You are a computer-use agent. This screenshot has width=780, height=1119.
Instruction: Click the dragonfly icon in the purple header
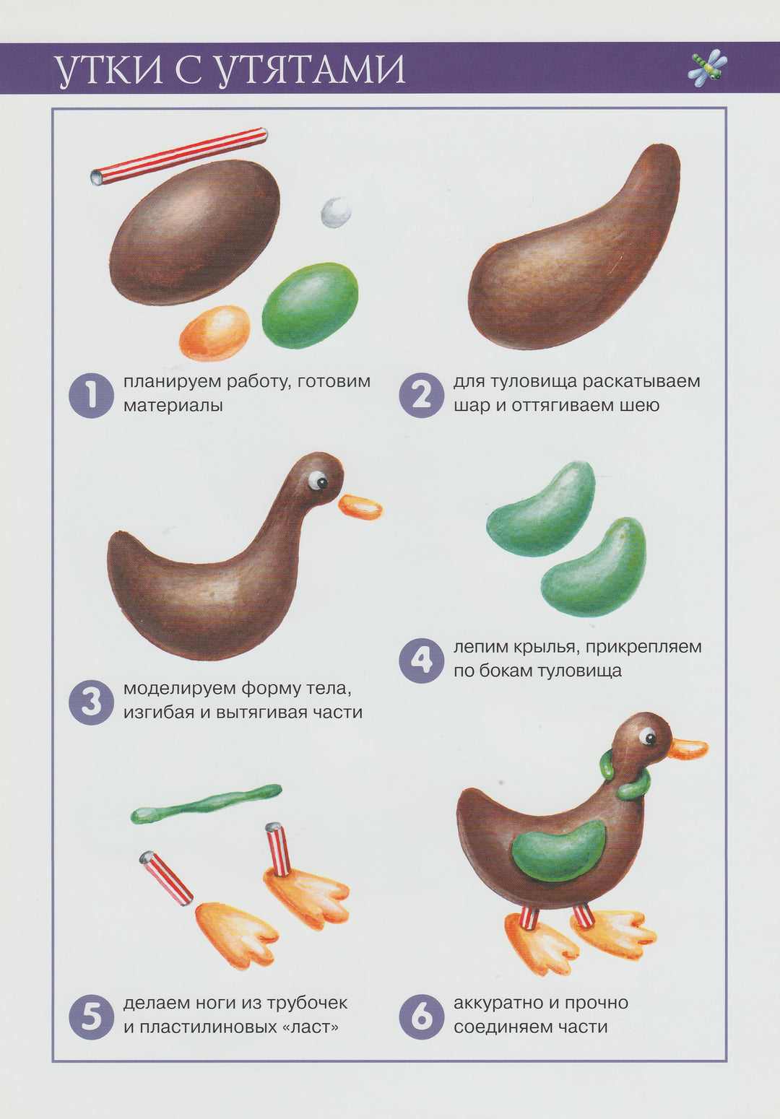pyautogui.click(x=708, y=68)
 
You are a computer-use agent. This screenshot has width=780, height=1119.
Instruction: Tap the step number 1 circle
pyautogui.click(x=90, y=395)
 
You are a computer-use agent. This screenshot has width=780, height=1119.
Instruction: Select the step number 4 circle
pyautogui.click(x=421, y=661)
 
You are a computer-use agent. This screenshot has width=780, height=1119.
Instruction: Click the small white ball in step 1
pyautogui.click(x=336, y=212)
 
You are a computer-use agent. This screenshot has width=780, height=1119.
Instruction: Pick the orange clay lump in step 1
pyautogui.click(x=215, y=334)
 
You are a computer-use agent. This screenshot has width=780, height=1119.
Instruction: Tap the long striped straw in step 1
pyautogui.click(x=179, y=157)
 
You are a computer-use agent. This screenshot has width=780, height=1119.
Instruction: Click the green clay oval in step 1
pyautogui.click(x=310, y=305)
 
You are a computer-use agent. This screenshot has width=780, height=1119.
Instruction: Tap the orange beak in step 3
pyautogui.click(x=360, y=507)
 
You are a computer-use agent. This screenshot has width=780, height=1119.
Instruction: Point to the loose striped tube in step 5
pyautogui.click(x=166, y=879)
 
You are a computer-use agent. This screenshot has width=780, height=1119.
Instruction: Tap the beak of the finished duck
pyautogui.click(x=688, y=748)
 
